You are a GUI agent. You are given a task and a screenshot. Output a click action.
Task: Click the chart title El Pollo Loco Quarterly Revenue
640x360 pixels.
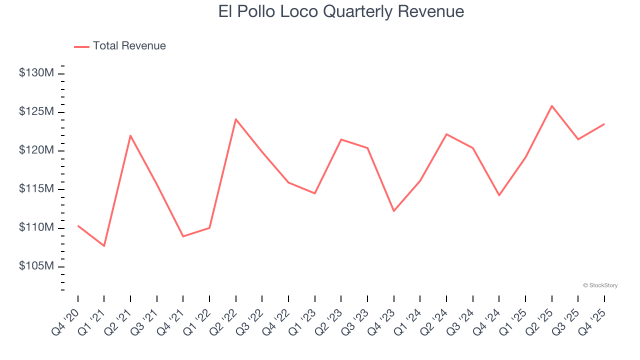[x=341, y=11]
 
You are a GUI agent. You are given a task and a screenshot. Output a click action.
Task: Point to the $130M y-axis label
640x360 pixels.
[x=36, y=73]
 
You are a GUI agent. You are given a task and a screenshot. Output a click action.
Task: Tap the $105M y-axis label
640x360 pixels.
[x=36, y=266]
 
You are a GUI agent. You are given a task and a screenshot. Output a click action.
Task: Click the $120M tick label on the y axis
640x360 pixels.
[x=36, y=150]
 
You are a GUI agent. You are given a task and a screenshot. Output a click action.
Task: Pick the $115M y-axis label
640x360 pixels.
[x=36, y=189]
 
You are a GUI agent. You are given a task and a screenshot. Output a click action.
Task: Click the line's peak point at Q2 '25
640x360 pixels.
[x=551, y=105]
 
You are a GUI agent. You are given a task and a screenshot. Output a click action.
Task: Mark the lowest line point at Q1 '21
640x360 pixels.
[x=104, y=246]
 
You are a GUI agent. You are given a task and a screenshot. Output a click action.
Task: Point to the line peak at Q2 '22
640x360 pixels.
[x=235, y=119]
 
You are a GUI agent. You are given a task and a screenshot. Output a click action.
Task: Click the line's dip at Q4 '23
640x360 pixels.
[x=393, y=211]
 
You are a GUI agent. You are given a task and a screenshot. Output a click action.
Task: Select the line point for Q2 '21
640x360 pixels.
[x=130, y=135]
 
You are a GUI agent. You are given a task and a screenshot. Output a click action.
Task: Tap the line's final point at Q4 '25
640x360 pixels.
[x=604, y=124]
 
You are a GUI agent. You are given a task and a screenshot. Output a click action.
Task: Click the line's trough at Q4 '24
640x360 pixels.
[x=499, y=195]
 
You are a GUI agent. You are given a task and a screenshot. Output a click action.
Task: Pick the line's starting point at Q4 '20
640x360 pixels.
[x=78, y=226]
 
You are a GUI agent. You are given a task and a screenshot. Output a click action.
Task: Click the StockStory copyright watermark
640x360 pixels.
[x=600, y=285]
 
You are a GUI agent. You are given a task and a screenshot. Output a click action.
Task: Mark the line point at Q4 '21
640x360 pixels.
[x=183, y=236]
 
